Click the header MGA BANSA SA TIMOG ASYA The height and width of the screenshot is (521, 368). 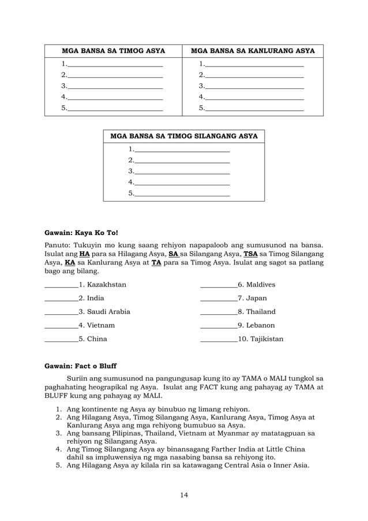[114, 51]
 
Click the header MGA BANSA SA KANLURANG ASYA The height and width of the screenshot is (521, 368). [253, 51]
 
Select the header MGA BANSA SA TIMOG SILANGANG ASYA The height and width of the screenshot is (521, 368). [183, 136]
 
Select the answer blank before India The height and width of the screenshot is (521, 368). [61, 298]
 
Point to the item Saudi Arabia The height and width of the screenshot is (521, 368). [108, 311]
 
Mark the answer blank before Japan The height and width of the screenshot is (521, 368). [218, 298]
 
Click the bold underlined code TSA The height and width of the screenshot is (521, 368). [251, 254]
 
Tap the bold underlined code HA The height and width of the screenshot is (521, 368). [84, 254]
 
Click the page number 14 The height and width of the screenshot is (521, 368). [183, 494]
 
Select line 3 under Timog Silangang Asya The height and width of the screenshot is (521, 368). [182, 172]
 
